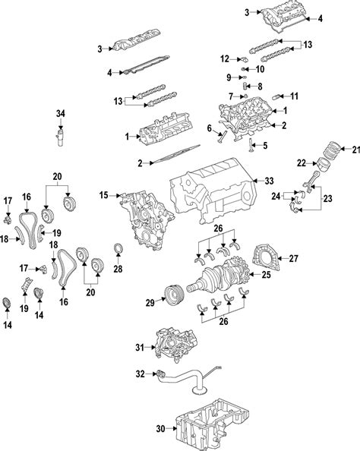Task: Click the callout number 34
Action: [61, 113]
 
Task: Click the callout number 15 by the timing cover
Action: [104, 196]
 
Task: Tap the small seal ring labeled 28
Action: [118, 251]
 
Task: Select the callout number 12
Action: [225, 58]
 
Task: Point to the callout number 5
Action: [264, 144]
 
